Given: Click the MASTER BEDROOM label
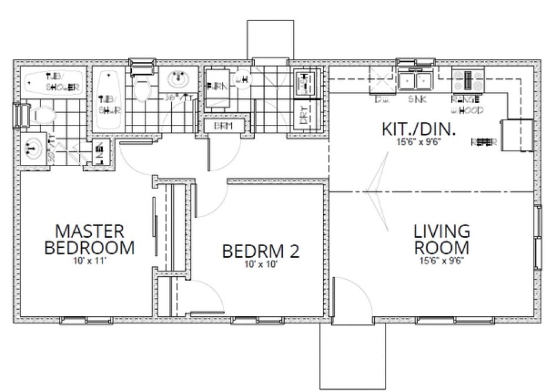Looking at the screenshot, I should coord(89,238).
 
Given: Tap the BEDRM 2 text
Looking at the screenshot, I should coord(261,251).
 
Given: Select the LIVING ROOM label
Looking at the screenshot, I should coord(441,238).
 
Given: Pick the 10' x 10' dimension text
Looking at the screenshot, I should coord(261,265).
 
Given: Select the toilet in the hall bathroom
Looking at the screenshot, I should coord(141,88).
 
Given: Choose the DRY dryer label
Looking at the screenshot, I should coord(303,116).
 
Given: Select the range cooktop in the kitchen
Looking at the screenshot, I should coord(468,81).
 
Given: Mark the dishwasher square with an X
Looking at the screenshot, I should coord(379,78).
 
